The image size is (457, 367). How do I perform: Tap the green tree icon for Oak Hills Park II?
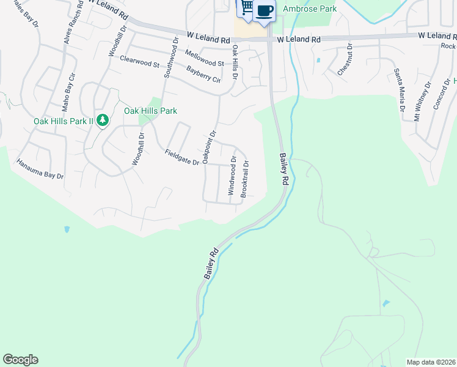103,119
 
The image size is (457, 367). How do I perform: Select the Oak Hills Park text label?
150,111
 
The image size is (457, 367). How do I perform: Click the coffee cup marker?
265,11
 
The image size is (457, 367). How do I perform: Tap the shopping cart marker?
246,7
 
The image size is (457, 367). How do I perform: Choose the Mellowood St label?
204,62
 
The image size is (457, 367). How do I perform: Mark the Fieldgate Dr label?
182,158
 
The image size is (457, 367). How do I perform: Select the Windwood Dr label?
232,176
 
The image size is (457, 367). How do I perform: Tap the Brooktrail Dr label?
245,178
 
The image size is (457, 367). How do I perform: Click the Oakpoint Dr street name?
210,147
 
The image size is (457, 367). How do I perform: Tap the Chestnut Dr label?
345,59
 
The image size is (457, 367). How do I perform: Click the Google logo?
20,360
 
